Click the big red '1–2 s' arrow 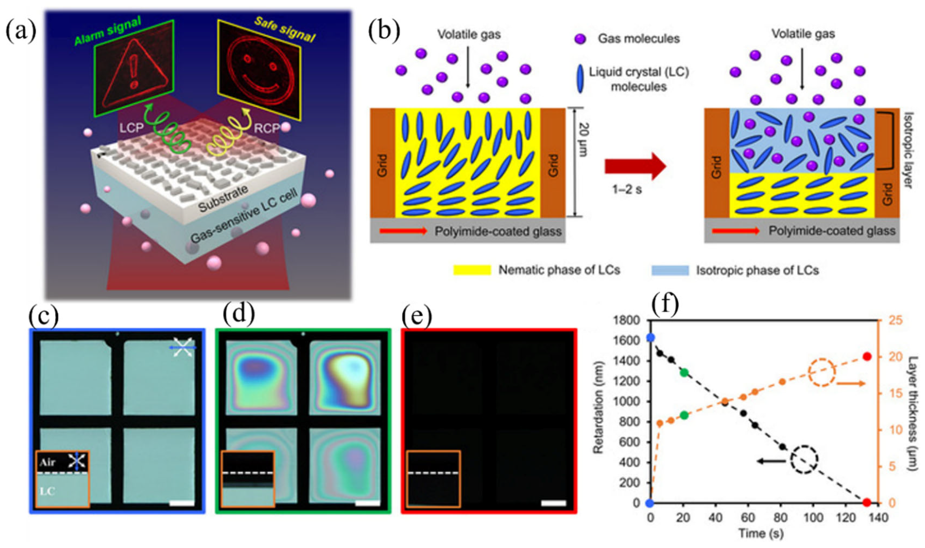point(635,166)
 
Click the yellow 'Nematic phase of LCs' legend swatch point(472,270)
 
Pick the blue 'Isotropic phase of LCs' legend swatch point(670,270)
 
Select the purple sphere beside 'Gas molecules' point(580,39)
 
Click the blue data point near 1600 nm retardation point(651,338)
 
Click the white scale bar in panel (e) point(553,503)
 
